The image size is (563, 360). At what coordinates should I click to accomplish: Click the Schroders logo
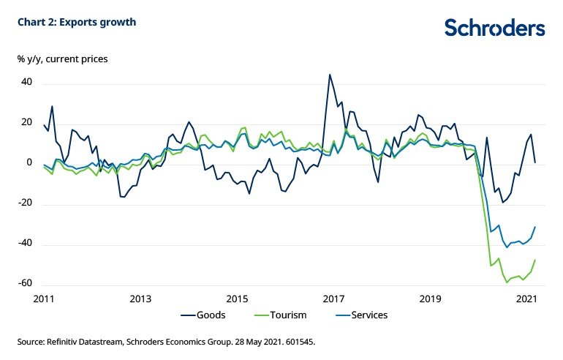coord(495,28)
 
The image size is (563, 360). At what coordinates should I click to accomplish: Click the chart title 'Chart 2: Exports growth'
coord(77,22)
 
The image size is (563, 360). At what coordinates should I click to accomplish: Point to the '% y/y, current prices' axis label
coord(63,57)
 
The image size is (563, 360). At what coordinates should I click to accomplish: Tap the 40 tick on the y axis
coord(27,83)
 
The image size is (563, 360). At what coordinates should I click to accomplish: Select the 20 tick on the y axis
coord(27,123)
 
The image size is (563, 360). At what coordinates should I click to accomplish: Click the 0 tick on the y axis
coord(30,163)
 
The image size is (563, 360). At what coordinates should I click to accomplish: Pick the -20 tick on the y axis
coord(26,203)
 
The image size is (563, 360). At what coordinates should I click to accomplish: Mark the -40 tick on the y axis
coord(26,244)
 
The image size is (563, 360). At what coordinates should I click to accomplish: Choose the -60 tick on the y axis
coord(26,284)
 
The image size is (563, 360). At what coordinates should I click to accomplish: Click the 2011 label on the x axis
coord(44,299)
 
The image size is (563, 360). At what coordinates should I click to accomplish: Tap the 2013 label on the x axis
coord(140,299)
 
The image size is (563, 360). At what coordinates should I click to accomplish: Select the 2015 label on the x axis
coord(237,299)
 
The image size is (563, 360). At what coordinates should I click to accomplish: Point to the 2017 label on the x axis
coord(333,299)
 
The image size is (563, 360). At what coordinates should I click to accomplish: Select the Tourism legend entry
coord(286,315)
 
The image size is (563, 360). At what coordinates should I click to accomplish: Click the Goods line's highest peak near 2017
coord(330,75)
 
